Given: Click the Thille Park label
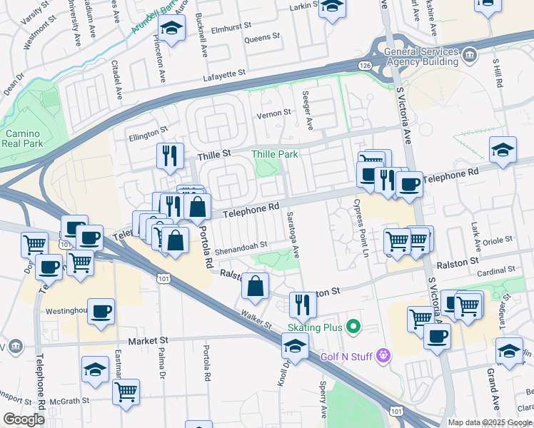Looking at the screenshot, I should click(x=274, y=154).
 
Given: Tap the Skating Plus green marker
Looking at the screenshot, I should click(x=351, y=327).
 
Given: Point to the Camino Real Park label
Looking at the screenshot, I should click(x=24, y=138).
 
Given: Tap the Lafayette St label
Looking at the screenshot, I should click(x=224, y=73).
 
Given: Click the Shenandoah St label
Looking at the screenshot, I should click(x=242, y=245).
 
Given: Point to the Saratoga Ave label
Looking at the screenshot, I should click(x=293, y=235).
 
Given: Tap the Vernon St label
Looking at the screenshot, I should click(x=273, y=113).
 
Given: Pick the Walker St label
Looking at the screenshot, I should click(x=256, y=318).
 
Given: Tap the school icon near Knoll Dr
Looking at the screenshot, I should click(x=294, y=347).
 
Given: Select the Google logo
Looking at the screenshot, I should click(x=23, y=419).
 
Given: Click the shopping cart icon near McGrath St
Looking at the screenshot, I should click(x=126, y=391).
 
